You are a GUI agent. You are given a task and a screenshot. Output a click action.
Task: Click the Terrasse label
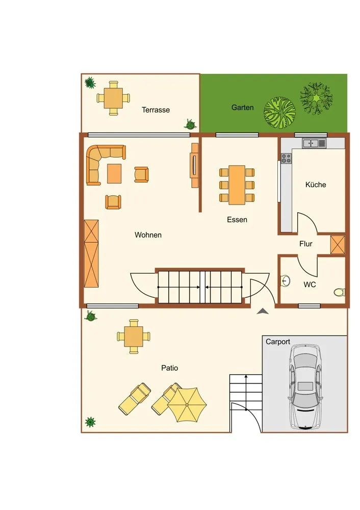coord(156,110)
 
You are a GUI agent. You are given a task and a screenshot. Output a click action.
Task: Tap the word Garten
coord(242,107)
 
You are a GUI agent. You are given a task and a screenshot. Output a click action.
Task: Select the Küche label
coord(316,185)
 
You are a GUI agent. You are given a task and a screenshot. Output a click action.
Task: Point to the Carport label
coord(278,342)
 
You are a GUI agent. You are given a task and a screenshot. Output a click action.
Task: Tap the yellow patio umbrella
coord(187,404)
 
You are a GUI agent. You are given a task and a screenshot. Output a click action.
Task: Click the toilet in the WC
coord(339,292)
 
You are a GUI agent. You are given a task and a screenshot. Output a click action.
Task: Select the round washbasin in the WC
coord(285,280)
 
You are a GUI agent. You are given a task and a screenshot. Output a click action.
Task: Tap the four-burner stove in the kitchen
coord(286,159)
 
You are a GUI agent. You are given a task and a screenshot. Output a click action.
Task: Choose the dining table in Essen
coord(237,185)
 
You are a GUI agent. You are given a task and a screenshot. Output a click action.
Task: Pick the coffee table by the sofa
coord(114,174)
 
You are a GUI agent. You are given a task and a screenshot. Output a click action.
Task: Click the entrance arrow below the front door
coord(263,311)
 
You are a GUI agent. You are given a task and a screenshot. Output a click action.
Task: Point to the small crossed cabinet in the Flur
coord(338,245)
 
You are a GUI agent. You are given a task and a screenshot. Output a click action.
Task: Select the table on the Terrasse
coord(113,98)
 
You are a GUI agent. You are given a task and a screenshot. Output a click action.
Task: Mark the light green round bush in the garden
coord(279,113)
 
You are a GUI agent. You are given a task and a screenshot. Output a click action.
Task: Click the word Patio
coord(169,368)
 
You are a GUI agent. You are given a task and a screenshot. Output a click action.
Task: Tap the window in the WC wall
coord(310,305)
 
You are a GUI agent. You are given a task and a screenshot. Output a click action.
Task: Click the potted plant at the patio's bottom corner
coord(90,422)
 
